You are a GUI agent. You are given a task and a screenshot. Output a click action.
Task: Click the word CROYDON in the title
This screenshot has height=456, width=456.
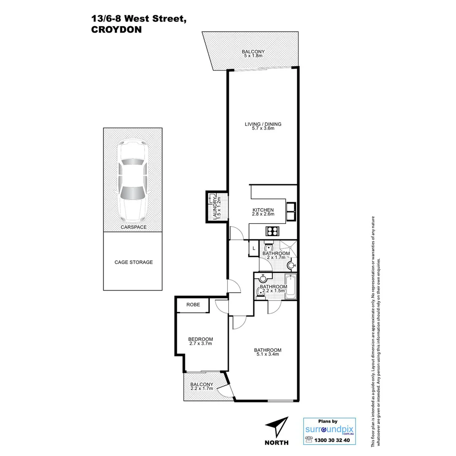[x=116, y=30]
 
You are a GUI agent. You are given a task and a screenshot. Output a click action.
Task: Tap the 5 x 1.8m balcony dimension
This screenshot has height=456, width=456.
[x=253, y=56]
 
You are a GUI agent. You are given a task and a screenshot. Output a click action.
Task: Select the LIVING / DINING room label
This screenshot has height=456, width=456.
[x=263, y=124]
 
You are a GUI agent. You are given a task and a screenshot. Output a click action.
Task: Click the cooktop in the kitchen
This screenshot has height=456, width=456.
[x=272, y=231]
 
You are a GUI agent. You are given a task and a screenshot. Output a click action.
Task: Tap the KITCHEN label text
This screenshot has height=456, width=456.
[x=263, y=210]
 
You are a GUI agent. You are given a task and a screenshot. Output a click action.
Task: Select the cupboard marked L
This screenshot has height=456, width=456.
[x=254, y=248]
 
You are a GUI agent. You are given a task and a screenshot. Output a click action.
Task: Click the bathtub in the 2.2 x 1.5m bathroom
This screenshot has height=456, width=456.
[x=291, y=287]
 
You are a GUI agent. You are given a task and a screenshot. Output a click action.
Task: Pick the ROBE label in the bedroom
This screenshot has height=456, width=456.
[x=192, y=304]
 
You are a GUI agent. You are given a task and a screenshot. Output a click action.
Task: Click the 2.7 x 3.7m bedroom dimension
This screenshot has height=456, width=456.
[x=201, y=344]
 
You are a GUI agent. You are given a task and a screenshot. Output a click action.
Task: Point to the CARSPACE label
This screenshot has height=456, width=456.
[x=133, y=227]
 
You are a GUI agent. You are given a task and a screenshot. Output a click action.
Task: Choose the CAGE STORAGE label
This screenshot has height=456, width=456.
[x=133, y=262]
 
